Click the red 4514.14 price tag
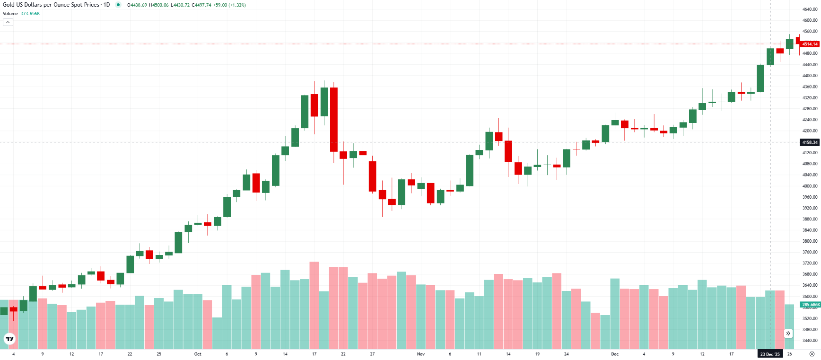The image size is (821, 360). coord(810,44)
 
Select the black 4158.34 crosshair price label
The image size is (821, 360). coord(810,142)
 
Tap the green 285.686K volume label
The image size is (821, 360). coord(810,305)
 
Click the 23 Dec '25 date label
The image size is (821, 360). coord(770,354)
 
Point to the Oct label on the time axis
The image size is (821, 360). coord(198,354)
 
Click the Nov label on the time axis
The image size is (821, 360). coord(421,354)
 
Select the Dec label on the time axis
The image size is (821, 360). coord(615,354)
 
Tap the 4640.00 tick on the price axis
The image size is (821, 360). coord(810,9)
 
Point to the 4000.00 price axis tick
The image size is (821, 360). coord(810,186)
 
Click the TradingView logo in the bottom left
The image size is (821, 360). coord(9,339)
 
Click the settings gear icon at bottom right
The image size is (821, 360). coord(812,354)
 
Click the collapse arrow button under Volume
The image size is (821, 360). coord(8,22)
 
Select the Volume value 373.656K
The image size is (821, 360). coord(30,14)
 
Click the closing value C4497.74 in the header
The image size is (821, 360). coord(201,5)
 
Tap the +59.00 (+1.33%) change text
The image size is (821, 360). coord(229,5)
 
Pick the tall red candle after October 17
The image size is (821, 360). coord(334,119)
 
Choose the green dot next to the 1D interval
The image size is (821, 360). coord(118,5)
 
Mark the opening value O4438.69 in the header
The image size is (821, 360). coord(137,5)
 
